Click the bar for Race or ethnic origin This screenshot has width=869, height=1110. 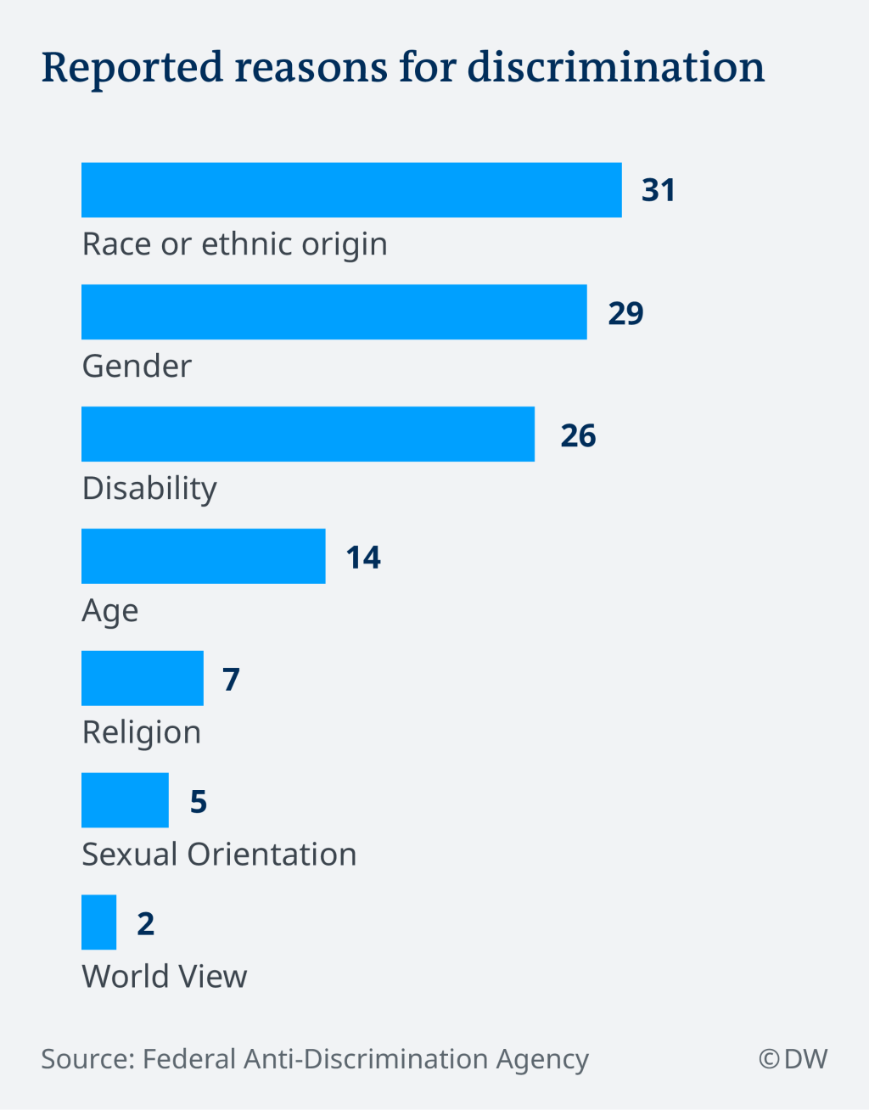(x=351, y=190)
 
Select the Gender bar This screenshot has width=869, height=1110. (x=334, y=312)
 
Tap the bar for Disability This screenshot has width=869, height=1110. (x=307, y=434)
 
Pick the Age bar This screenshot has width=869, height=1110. (x=203, y=557)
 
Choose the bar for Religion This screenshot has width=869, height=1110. (x=142, y=678)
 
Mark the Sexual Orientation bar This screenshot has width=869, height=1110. (x=125, y=800)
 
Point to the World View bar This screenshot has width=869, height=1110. (x=98, y=922)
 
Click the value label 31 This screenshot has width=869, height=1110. (x=659, y=190)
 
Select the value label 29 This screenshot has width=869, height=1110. (x=625, y=313)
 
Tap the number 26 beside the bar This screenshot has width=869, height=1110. (x=578, y=435)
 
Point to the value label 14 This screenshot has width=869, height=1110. (x=363, y=558)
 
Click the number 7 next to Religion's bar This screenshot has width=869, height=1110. (x=231, y=680)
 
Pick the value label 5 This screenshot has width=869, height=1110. (x=198, y=801)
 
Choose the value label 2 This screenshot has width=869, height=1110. (x=146, y=923)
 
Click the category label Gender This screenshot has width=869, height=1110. (x=137, y=367)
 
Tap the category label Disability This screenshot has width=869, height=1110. (x=149, y=489)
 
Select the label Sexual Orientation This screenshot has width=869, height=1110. (x=219, y=855)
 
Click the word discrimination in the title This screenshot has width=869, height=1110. (x=616, y=67)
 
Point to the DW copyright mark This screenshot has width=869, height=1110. (x=793, y=1059)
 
